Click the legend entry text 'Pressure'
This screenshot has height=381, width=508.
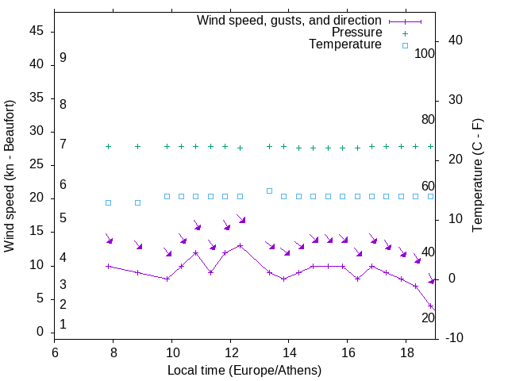click(357, 33)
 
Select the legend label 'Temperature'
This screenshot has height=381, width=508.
click(345, 45)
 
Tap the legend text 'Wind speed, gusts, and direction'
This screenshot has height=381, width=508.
click(289, 20)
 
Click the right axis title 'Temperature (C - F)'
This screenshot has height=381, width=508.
click(477, 176)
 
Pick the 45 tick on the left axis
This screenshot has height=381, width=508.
click(36, 31)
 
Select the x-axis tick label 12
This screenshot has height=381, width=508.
click(230, 352)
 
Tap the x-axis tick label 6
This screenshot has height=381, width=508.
click(55, 352)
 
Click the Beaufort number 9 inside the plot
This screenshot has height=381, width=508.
click(63, 58)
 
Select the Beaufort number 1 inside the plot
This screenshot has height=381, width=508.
click(63, 325)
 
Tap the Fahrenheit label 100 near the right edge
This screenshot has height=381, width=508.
click(425, 53)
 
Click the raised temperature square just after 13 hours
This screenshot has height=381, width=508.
click(269, 190)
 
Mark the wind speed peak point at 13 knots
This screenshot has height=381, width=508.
click(240, 245)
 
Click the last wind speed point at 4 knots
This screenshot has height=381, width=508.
click(430, 306)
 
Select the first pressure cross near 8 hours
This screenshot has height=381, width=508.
click(109, 146)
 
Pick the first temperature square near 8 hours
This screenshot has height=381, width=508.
click(109, 202)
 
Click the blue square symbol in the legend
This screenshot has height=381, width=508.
click(404, 45)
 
